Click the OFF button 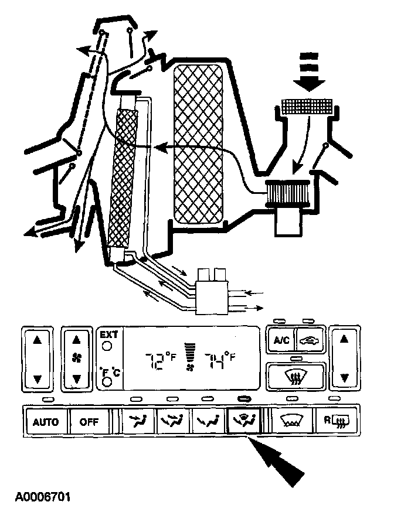[x=90, y=421]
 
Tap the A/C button [x=279, y=340]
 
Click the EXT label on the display [x=108, y=334]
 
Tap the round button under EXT [x=107, y=346]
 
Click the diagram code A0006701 [x=43, y=497]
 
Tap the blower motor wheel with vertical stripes [x=284, y=194]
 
